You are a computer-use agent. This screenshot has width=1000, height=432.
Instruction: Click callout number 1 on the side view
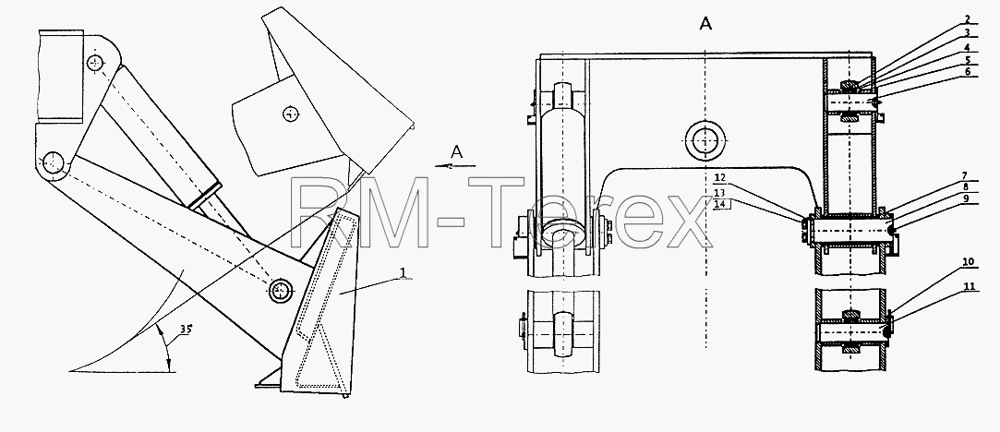[403, 272]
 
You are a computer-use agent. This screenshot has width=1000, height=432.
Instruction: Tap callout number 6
[968, 72]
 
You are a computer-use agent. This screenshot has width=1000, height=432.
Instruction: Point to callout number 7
[966, 175]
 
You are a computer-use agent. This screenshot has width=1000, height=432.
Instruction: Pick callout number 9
[966, 198]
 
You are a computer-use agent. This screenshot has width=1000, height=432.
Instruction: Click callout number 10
[969, 262]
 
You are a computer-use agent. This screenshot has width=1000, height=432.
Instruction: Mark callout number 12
[718, 178]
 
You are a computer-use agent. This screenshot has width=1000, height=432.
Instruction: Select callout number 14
[718, 204]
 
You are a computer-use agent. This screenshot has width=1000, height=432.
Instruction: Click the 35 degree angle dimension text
[186, 330]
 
